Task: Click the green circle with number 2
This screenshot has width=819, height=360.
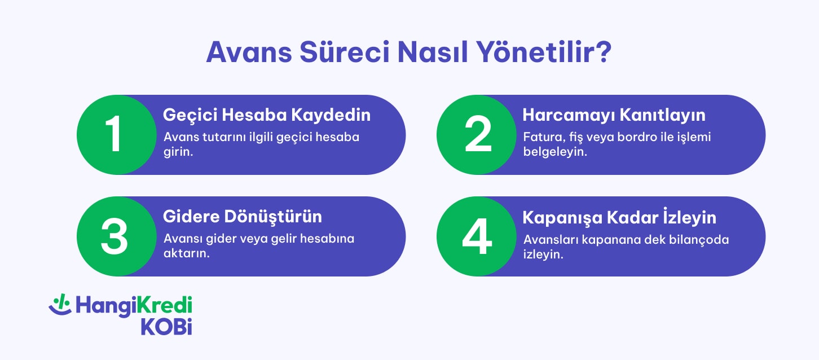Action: [477, 135]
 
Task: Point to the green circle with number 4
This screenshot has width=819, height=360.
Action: [477, 236]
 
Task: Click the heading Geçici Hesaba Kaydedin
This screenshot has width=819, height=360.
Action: [267, 115]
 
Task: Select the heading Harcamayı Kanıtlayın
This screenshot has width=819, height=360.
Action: [614, 115]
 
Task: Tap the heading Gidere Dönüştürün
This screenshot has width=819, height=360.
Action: [243, 216]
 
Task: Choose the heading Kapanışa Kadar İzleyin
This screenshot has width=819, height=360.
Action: [619, 217]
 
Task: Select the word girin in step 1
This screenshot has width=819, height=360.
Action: [178, 152]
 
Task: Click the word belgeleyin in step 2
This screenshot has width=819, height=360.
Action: [555, 152]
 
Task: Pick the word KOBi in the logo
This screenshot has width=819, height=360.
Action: [166, 326]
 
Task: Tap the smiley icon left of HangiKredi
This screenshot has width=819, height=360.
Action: [59, 305]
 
